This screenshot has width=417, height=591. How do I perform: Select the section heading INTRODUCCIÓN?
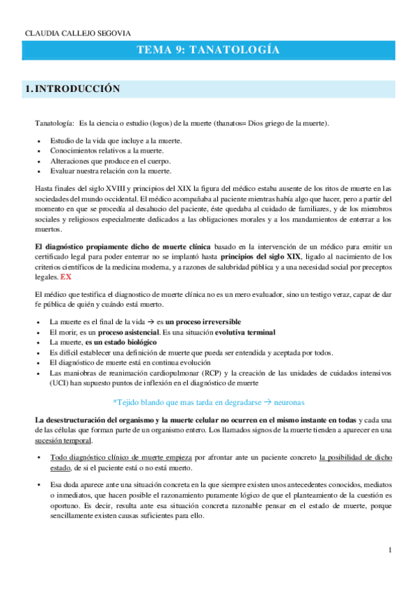click(77, 89)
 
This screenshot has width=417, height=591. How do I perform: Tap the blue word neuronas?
click(276, 402)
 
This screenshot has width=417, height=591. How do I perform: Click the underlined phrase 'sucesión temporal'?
click(61, 440)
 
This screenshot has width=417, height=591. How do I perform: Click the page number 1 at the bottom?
click(391, 551)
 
